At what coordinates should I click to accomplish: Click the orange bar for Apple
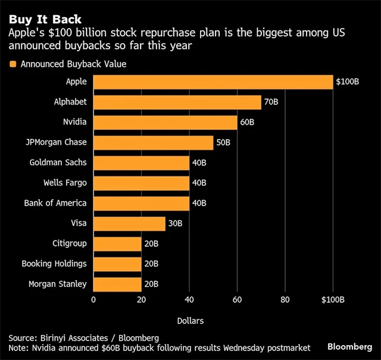213,82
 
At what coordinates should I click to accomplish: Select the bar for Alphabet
177,102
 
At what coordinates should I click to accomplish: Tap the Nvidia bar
165,122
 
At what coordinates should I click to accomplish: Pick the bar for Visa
129,224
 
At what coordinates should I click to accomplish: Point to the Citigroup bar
117,244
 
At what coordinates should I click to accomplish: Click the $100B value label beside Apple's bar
347,82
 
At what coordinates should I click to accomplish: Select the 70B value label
271,102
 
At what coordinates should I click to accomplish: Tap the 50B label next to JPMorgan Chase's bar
223,142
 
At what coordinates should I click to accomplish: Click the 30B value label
176,224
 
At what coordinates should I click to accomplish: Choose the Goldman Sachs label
58,163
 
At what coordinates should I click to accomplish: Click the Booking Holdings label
54,264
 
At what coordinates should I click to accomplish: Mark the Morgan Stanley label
57,284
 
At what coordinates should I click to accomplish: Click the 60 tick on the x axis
238,300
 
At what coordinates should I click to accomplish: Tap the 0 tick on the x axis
93,300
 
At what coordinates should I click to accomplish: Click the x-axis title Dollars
190,321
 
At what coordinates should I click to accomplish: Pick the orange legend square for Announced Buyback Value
13,64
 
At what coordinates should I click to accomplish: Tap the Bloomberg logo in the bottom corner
350,346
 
